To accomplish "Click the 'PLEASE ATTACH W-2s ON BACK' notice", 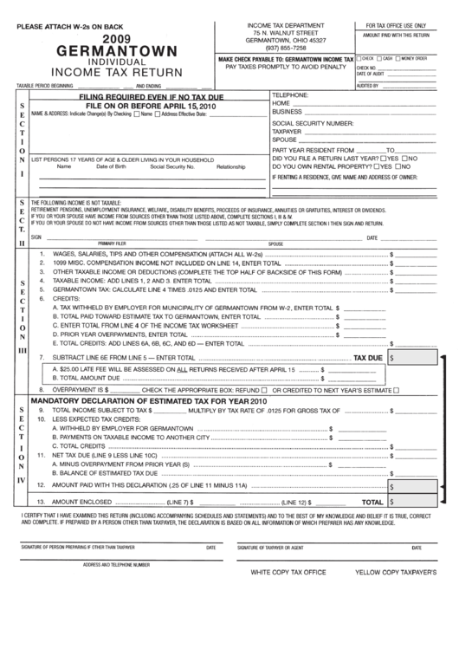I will point(61,26).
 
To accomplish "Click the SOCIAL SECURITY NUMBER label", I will point(314,124).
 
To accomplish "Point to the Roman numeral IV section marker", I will point(23,479).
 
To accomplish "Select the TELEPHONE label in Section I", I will point(291,94).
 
